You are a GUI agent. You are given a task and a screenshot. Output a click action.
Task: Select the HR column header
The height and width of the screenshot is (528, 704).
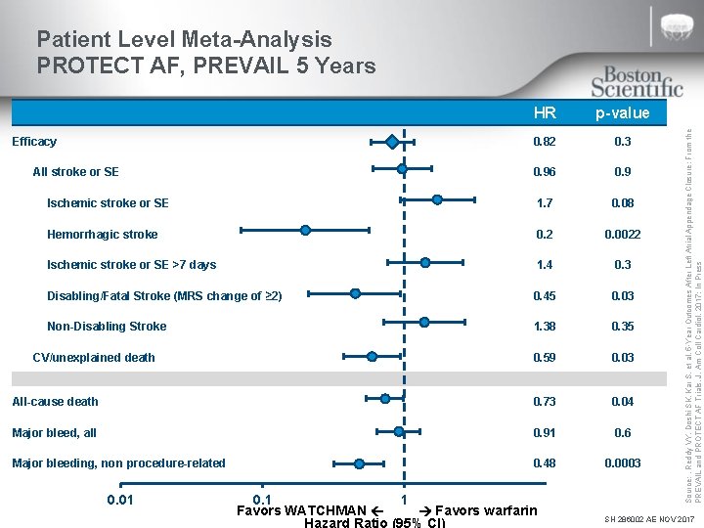pyautogui.click(x=545, y=112)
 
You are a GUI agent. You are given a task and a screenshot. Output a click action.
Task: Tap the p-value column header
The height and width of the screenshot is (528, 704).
pyautogui.click(x=621, y=112)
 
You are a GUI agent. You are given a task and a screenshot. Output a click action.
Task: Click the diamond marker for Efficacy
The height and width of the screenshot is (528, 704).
pyautogui.click(x=392, y=142)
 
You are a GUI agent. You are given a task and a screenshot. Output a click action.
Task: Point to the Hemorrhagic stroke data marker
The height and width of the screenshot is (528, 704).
pyautogui.click(x=305, y=231)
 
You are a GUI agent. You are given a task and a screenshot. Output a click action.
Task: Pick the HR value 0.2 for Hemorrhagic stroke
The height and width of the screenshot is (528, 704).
pyautogui.click(x=545, y=235)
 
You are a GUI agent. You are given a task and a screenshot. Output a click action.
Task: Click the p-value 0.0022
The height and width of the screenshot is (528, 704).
pyautogui.click(x=621, y=235)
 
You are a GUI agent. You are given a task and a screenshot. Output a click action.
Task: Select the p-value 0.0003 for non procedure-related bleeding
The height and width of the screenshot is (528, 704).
pyautogui.click(x=621, y=463)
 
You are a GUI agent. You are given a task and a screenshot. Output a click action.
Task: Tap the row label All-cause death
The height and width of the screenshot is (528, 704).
pyautogui.click(x=55, y=402)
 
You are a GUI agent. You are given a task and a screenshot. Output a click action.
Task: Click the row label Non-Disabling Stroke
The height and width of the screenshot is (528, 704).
pyautogui.click(x=107, y=327)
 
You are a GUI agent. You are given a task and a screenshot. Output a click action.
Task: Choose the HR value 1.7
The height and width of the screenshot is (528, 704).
pyautogui.click(x=545, y=203)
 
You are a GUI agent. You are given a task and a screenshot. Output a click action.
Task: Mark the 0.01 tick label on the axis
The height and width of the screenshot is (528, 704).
pyautogui.click(x=120, y=502)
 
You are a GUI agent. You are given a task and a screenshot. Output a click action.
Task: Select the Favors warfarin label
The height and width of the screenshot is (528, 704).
pyautogui.click(x=485, y=510)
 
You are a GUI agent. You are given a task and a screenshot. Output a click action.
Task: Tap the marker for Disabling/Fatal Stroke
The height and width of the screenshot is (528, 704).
pyautogui.click(x=355, y=292)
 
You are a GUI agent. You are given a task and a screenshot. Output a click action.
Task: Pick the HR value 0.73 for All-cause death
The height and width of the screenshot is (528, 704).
pyautogui.click(x=545, y=402)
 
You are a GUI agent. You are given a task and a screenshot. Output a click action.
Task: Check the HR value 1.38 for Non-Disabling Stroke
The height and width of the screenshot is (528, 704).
pyautogui.click(x=545, y=327)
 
